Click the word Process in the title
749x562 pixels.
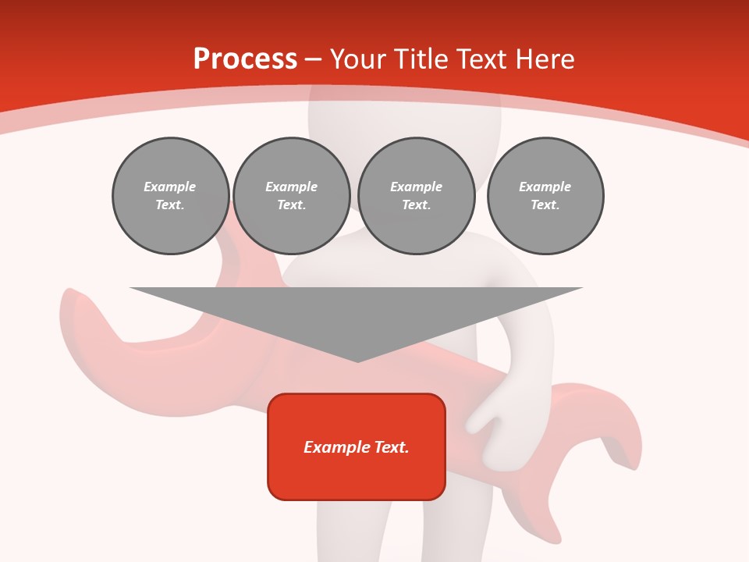point(245,59)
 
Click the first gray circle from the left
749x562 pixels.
point(170,196)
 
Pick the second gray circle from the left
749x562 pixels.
point(292,196)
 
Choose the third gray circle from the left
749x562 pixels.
point(417,196)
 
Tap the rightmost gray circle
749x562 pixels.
point(545,196)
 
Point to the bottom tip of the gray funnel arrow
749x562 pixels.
point(357,360)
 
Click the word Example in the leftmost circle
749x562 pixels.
point(170,187)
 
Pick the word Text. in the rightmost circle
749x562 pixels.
point(545,205)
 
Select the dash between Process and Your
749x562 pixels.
point(313,59)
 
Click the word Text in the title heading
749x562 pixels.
point(480,59)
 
